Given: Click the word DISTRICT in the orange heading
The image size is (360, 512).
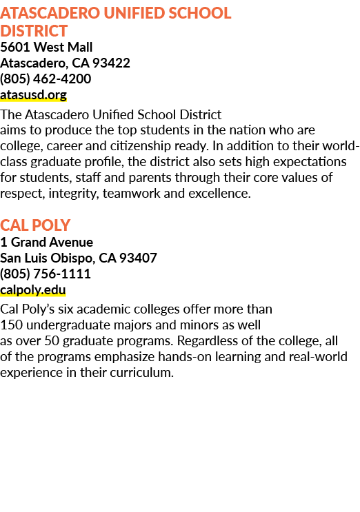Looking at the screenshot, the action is [x=34, y=31].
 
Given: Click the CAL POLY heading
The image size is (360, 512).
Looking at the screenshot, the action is [x=35, y=225].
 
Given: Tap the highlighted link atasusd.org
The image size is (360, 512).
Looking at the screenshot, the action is [x=33, y=94].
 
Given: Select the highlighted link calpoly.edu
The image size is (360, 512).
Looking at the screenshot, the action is [x=33, y=290].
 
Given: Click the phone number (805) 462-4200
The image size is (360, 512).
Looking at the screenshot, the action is [x=46, y=79].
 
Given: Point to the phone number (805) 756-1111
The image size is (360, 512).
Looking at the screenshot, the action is [x=46, y=274].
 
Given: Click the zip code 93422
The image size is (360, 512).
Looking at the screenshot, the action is [x=112, y=63].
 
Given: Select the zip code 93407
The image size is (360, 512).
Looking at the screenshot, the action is [x=138, y=258].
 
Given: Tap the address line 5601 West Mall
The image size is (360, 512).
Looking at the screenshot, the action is [x=46, y=47].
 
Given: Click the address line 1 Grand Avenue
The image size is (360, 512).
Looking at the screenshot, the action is [x=47, y=243].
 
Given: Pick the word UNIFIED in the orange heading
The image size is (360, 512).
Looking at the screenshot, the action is [x=134, y=13].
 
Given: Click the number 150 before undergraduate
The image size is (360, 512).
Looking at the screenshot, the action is [x=12, y=325].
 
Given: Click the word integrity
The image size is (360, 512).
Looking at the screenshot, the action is [x=74, y=194].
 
